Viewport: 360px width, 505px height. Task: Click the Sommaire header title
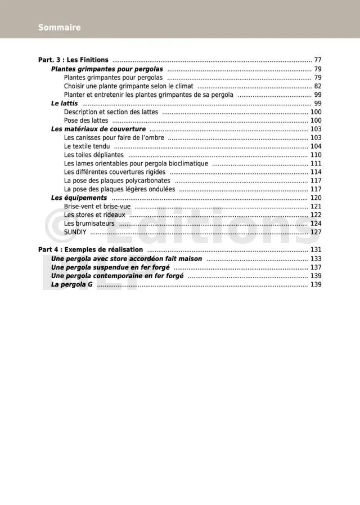(59, 28)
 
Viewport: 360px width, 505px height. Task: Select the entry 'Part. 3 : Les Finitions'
(73, 60)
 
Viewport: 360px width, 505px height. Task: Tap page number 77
(318, 60)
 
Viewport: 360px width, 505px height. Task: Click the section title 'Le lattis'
(64, 104)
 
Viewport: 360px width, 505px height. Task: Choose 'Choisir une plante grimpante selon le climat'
(128, 86)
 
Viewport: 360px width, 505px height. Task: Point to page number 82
(318, 86)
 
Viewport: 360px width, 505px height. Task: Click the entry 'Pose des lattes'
(86, 120)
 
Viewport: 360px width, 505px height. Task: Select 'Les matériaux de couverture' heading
(98, 129)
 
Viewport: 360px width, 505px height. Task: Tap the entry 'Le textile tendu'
(87, 146)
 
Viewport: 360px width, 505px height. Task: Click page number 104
(316, 146)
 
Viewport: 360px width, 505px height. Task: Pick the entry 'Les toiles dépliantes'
(94, 155)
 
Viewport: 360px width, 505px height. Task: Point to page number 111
(316, 164)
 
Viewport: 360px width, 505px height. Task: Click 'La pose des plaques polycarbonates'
(117, 181)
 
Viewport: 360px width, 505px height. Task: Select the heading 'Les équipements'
(79, 198)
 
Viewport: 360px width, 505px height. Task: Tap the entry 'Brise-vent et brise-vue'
(97, 207)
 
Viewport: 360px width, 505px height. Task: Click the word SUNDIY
(75, 232)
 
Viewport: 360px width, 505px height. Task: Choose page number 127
(316, 232)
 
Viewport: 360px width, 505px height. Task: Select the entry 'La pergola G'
(71, 285)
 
